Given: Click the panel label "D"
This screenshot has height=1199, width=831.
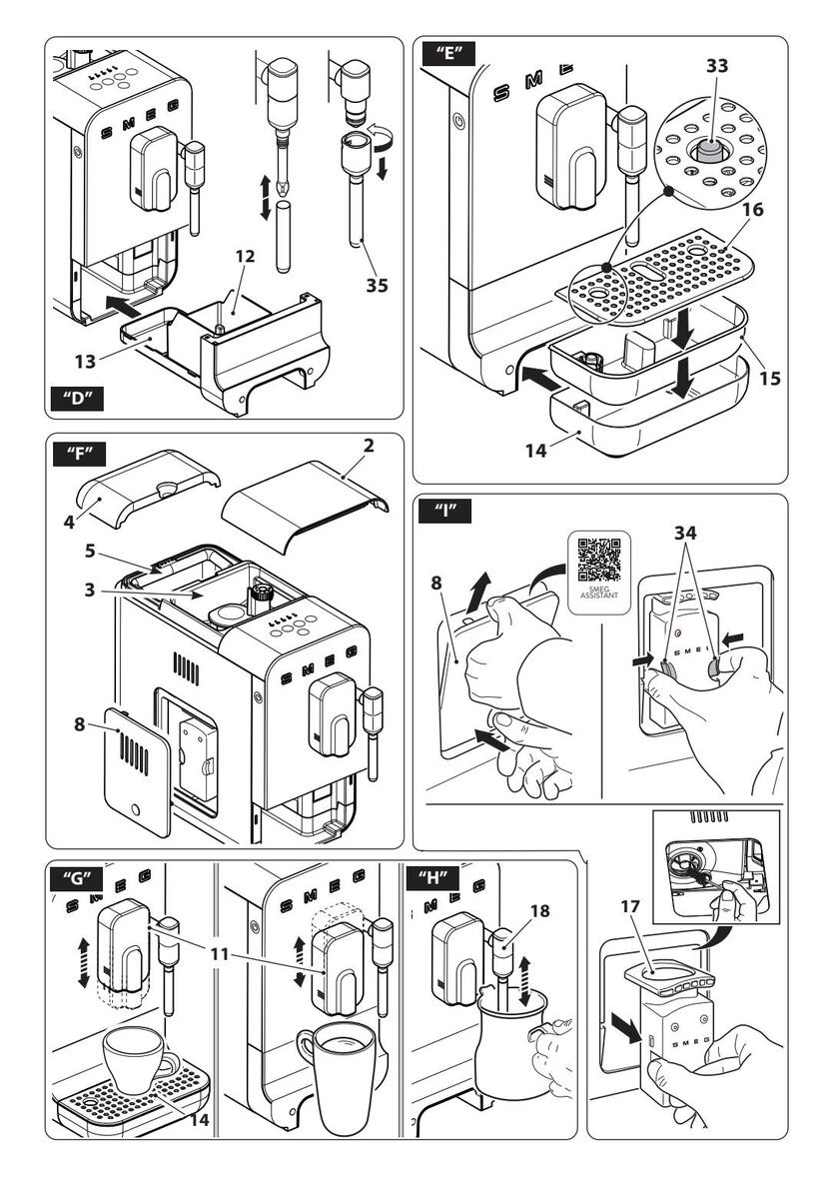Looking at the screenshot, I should [76, 397].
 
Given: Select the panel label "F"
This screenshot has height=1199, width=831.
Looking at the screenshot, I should [75, 454].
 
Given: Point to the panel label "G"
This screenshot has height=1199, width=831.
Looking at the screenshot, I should [76, 880].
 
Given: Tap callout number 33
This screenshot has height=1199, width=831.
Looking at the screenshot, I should [716, 67].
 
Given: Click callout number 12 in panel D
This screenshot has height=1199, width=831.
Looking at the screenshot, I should [247, 257].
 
